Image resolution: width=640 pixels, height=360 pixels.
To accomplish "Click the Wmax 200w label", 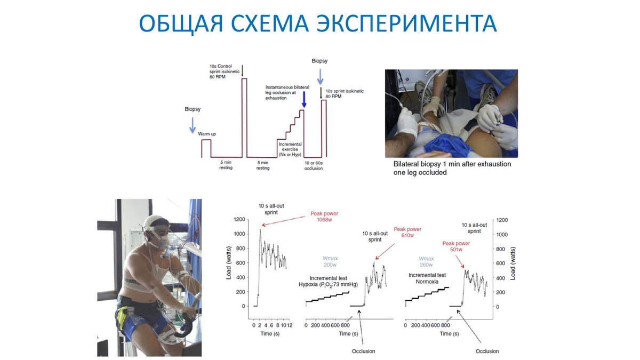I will (330, 261).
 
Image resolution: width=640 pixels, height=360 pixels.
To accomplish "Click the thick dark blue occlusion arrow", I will (303, 99).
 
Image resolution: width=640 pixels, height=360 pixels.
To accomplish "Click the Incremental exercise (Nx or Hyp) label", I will (291, 149).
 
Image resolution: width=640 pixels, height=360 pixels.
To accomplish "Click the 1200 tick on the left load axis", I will (238, 219).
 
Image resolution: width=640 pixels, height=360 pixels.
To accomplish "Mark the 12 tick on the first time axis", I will (289, 325).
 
